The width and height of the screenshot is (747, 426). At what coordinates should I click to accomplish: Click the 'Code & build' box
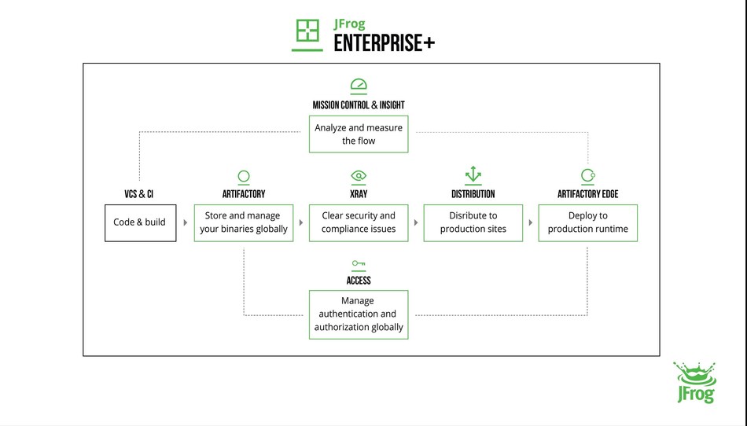tap(140, 222)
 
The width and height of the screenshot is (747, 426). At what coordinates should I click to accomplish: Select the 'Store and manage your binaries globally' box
tap(244, 222)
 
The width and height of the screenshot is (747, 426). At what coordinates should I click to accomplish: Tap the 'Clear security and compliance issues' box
tap(359, 222)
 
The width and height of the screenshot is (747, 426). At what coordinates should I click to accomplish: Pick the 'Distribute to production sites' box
tap(473, 222)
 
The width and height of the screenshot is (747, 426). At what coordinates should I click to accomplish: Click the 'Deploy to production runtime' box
tap(588, 222)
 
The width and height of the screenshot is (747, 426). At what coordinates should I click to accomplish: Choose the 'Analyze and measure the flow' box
tap(359, 134)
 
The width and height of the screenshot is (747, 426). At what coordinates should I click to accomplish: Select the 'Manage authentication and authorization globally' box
tap(359, 314)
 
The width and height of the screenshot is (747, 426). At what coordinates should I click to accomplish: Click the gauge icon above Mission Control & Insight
tap(359, 86)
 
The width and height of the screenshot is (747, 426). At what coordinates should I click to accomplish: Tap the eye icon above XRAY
tap(359, 176)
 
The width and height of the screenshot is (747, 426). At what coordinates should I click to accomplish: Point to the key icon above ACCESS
tap(359, 264)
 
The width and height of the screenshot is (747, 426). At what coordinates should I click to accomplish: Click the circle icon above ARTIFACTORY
tap(244, 176)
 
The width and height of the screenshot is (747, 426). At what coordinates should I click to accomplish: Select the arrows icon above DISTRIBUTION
tap(473, 174)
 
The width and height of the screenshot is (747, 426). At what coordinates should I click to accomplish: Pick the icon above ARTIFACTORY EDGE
tap(587, 175)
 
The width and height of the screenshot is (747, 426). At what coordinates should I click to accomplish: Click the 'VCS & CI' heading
tap(139, 194)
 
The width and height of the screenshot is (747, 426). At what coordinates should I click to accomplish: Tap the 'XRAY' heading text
tap(359, 194)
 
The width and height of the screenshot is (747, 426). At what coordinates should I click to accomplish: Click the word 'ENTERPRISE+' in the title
tap(384, 43)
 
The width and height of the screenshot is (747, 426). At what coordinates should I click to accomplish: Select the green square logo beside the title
tap(307, 31)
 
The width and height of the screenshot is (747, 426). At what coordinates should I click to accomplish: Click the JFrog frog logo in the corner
tap(694, 383)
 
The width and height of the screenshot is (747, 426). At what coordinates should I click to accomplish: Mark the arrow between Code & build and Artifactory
tap(186, 222)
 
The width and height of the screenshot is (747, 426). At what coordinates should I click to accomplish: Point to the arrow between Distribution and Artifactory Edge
tap(531, 222)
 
